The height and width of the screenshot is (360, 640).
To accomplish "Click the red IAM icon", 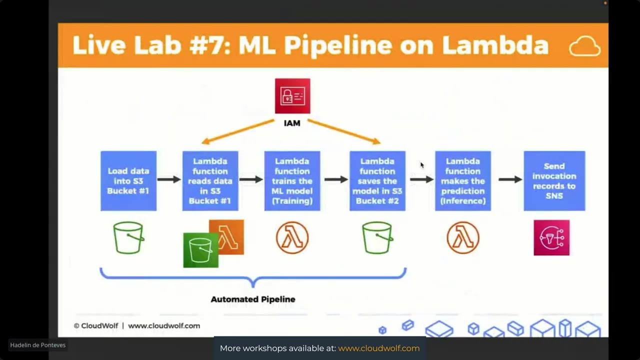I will click(292, 96).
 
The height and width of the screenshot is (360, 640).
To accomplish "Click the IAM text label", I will click(292, 123).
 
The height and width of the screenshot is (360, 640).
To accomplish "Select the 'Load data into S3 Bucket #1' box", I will click(128, 181).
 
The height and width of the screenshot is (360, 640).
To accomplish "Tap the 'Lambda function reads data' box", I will click(210, 181).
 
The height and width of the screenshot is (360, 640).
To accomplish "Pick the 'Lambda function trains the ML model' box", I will click(292, 181).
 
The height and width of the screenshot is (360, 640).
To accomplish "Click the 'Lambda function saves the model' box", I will click(377, 181).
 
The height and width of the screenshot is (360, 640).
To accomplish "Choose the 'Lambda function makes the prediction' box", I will click(462, 181).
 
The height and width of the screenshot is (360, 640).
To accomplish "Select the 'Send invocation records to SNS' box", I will click(554, 181).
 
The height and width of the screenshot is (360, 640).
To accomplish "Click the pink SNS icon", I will click(551, 237).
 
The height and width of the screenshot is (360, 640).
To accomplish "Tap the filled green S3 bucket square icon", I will click(200, 250).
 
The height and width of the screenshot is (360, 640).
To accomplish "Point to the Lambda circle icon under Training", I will click(292, 237).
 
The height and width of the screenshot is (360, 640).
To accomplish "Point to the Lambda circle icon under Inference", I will click(462, 237).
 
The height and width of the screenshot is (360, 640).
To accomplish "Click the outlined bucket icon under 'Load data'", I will click(128, 238).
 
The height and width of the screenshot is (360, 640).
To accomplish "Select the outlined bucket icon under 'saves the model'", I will click(377, 238).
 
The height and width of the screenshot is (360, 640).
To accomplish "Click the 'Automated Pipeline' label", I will click(253, 299).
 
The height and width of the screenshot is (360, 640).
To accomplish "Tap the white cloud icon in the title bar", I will click(584, 46).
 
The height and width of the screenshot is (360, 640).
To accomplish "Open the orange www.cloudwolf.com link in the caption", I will click(378, 348).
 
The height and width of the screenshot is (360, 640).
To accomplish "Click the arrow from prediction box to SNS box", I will click(510, 179).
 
